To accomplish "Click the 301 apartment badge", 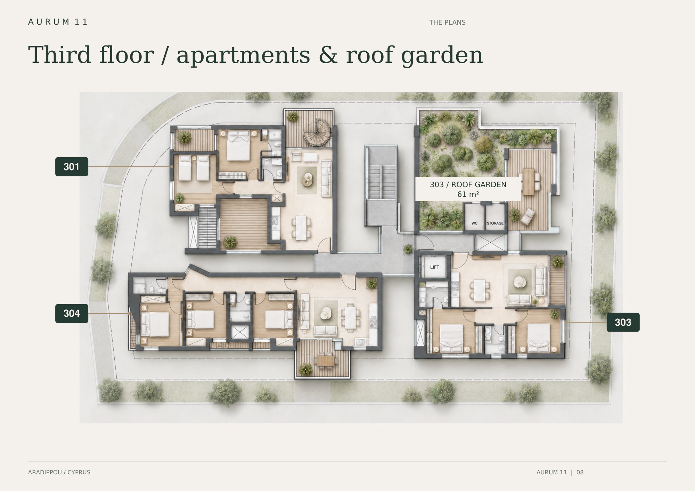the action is [72, 167].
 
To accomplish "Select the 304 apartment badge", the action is [72, 314].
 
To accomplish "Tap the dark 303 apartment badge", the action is [623, 322].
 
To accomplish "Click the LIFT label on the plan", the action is [434, 267].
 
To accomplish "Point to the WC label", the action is [474, 223].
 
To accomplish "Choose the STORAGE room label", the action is [495, 223].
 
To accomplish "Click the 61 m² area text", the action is [468, 194].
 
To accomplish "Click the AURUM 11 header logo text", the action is [58, 22].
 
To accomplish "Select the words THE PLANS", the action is [447, 23].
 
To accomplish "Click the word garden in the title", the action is [442, 56].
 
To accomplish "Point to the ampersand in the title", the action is [328, 55].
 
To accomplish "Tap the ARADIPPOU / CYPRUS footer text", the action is [59, 472].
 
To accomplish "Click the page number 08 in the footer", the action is [580, 472].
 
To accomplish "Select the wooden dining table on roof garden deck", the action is [529, 182].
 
